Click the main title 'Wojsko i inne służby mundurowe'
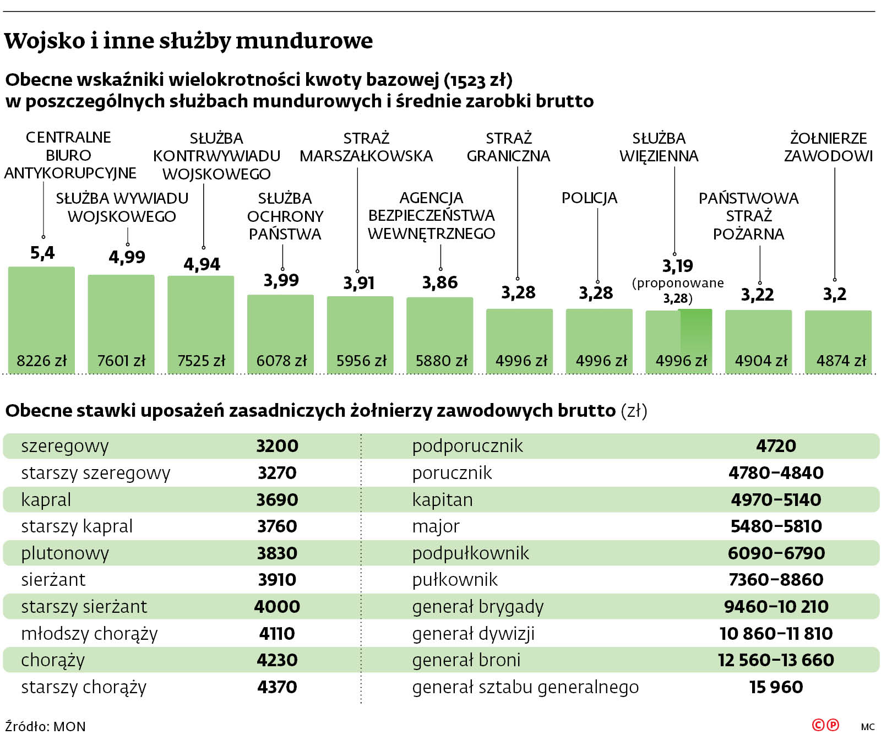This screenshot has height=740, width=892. pos(188,41)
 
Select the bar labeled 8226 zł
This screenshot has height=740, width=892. pos(41,319)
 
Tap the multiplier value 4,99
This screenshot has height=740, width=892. pos(127,257)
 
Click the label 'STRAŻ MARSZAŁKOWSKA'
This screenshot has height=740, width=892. pos(366,147)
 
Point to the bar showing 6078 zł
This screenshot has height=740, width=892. pos(280,333)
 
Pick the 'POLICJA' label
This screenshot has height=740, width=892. pos(589,198)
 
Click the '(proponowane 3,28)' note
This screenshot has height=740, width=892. pos(678,290)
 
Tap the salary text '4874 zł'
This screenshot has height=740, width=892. pos(841,361)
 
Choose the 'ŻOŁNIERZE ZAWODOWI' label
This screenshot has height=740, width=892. pos(828,147)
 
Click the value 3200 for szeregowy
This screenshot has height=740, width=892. pos(277,446)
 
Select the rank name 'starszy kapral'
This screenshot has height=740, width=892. pos(77,526)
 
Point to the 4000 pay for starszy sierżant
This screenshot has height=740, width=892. pos(277,607)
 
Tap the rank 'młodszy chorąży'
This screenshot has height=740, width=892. pos(89,634)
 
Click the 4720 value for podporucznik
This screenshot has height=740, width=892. pos(776,446)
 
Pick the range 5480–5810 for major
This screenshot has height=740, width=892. pos(776,526)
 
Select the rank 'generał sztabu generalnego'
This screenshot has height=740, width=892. pos(525,687)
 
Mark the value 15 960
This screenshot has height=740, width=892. pos(776,687)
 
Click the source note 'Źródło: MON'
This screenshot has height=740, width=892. pos(45,726)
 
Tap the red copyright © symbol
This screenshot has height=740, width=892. pos(818,725)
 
